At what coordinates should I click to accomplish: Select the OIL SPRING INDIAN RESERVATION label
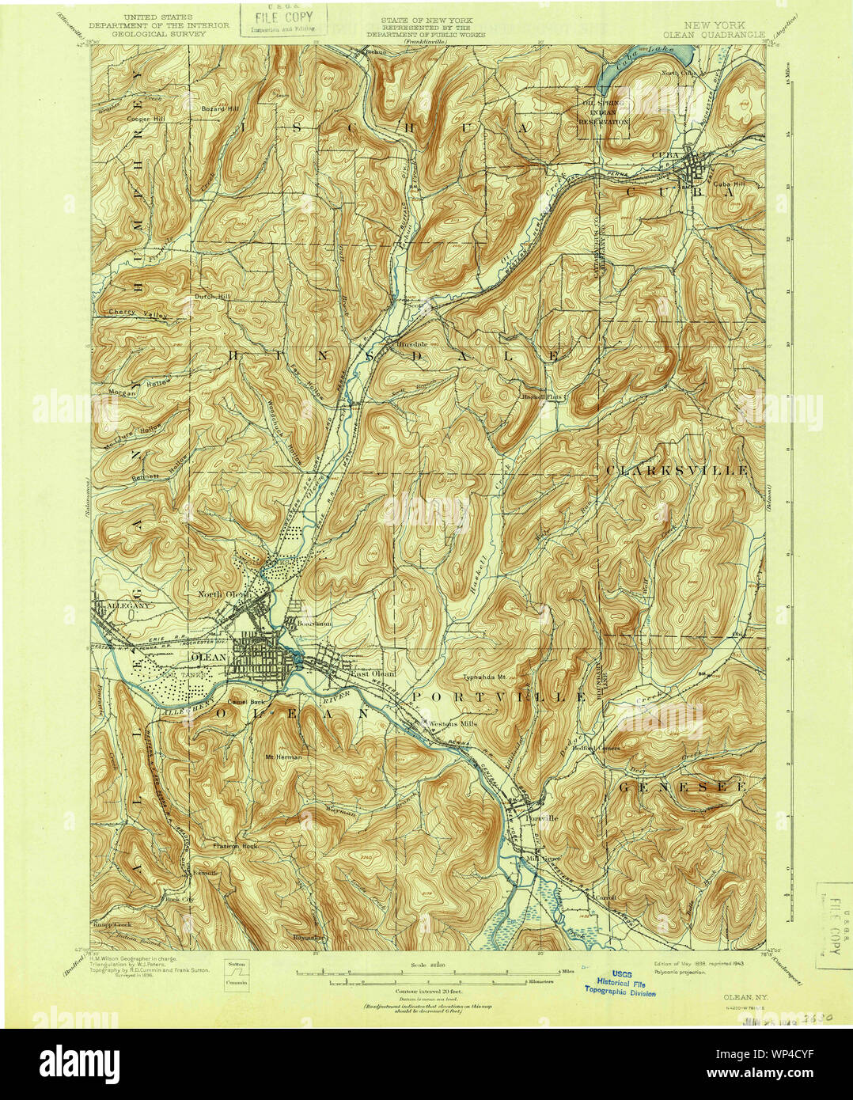click(605, 112)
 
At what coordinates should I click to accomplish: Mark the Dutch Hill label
click(211, 297)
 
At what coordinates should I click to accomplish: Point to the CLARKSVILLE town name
click(677, 470)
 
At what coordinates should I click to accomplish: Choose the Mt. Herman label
click(282, 757)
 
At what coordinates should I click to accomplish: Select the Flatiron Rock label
click(235, 845)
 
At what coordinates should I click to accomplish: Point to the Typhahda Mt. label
click(490, 679)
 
